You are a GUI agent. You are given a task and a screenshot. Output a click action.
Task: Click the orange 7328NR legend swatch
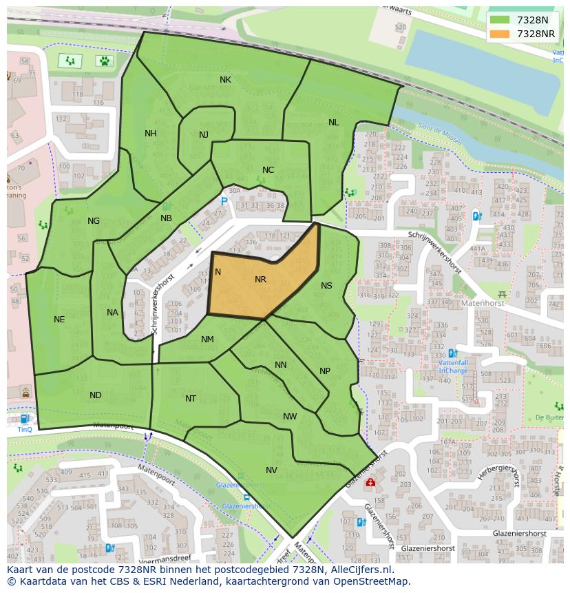tap(500, 34)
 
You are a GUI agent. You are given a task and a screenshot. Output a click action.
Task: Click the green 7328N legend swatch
tap(500, 20)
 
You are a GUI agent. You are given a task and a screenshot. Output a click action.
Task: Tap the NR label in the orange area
tap(260, 280)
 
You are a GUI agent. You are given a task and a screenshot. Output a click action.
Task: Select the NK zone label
tap(225, 80)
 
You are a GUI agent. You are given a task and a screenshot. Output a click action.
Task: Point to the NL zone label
tap(333, 123)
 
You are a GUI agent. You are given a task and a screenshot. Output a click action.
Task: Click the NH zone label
tap(150, 134)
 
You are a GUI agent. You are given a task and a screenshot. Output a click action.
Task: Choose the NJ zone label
tap(204, 135)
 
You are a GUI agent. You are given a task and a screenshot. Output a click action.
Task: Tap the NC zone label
tap(268, 170)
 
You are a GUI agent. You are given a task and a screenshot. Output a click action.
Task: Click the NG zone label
tap(94, 221)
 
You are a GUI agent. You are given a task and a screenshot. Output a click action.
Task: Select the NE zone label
tap(59, 320)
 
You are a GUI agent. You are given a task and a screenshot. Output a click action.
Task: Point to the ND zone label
tap(96, 395)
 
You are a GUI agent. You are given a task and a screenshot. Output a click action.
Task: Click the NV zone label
tap(271, 470)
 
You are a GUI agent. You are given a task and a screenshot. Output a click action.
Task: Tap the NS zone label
tap(326, 286)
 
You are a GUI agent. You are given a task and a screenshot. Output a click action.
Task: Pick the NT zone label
tap(191, 399)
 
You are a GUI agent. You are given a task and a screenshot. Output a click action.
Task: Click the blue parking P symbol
tap(224, 201)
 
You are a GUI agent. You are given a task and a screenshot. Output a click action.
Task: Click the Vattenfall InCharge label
tap(452, 366)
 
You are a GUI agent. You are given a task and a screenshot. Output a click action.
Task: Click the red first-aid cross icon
tap(370, 483)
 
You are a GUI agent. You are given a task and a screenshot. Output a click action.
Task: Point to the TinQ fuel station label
tap(25, 429)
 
